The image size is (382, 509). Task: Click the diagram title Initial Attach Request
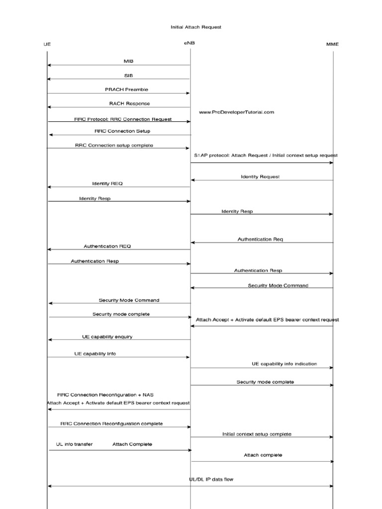pos(196,27)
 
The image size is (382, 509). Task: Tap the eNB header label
pos(189,43)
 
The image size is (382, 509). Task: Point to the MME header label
pos(332,44)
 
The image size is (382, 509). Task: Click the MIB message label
pos(128,61)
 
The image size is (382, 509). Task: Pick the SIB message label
pos(128,76)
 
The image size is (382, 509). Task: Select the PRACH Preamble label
pos(126,89)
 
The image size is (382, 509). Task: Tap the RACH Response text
pos(129,103)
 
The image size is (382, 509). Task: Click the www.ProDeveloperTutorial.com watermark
pos(236,112)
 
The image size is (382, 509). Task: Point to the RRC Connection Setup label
pos(122,131)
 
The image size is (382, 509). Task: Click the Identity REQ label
pos(107,183)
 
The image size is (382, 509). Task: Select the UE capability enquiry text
pos(107,337)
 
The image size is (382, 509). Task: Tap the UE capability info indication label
pos(284,364)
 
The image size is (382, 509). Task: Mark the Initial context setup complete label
pos(257,434)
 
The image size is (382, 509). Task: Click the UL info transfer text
pos(74,444)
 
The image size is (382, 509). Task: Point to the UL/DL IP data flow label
pos(211,480)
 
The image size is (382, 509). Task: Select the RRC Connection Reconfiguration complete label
pos(111,424)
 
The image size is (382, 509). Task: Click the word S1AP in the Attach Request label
pos(200,155)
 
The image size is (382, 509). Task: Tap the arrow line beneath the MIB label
pos(119,65)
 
